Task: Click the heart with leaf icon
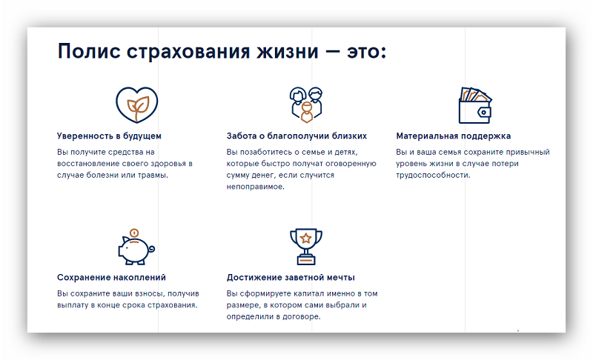(x=137, y=104)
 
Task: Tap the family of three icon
(x=306, y=104)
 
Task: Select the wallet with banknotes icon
(x=475, y=104)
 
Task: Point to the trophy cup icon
(x=306, y=247)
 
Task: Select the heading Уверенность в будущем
(x=109, y=136)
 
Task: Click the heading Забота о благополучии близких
(x=296, y=136)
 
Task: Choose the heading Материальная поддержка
(x=454, y=136)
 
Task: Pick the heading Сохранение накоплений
(x=111, y=278)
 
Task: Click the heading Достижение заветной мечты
(x=291, y=278)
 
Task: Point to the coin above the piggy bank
(x=134, y=233)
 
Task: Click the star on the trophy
(x=306, y=239)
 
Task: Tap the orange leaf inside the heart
(x=138, y=105)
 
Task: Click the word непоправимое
(x=255, y=187)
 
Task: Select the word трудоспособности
(x=433, y=176)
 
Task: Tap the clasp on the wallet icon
(x=484, y=112)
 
